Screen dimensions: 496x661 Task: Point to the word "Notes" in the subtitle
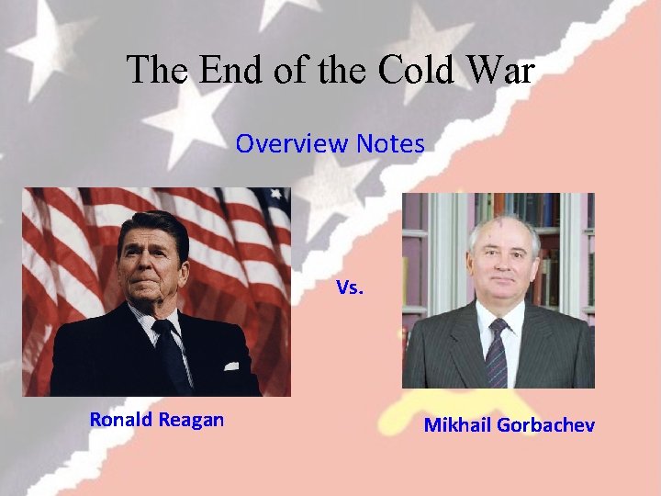tap(389, 143)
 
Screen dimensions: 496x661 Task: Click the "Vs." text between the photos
tap(350, 287)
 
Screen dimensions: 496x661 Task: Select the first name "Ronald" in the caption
tap(121, 420)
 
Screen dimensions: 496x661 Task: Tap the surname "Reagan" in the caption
tap(191, 420)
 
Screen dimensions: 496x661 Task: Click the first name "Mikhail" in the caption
tap(455, 425)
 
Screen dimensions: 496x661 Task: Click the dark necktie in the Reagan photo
tap(171, 354)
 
